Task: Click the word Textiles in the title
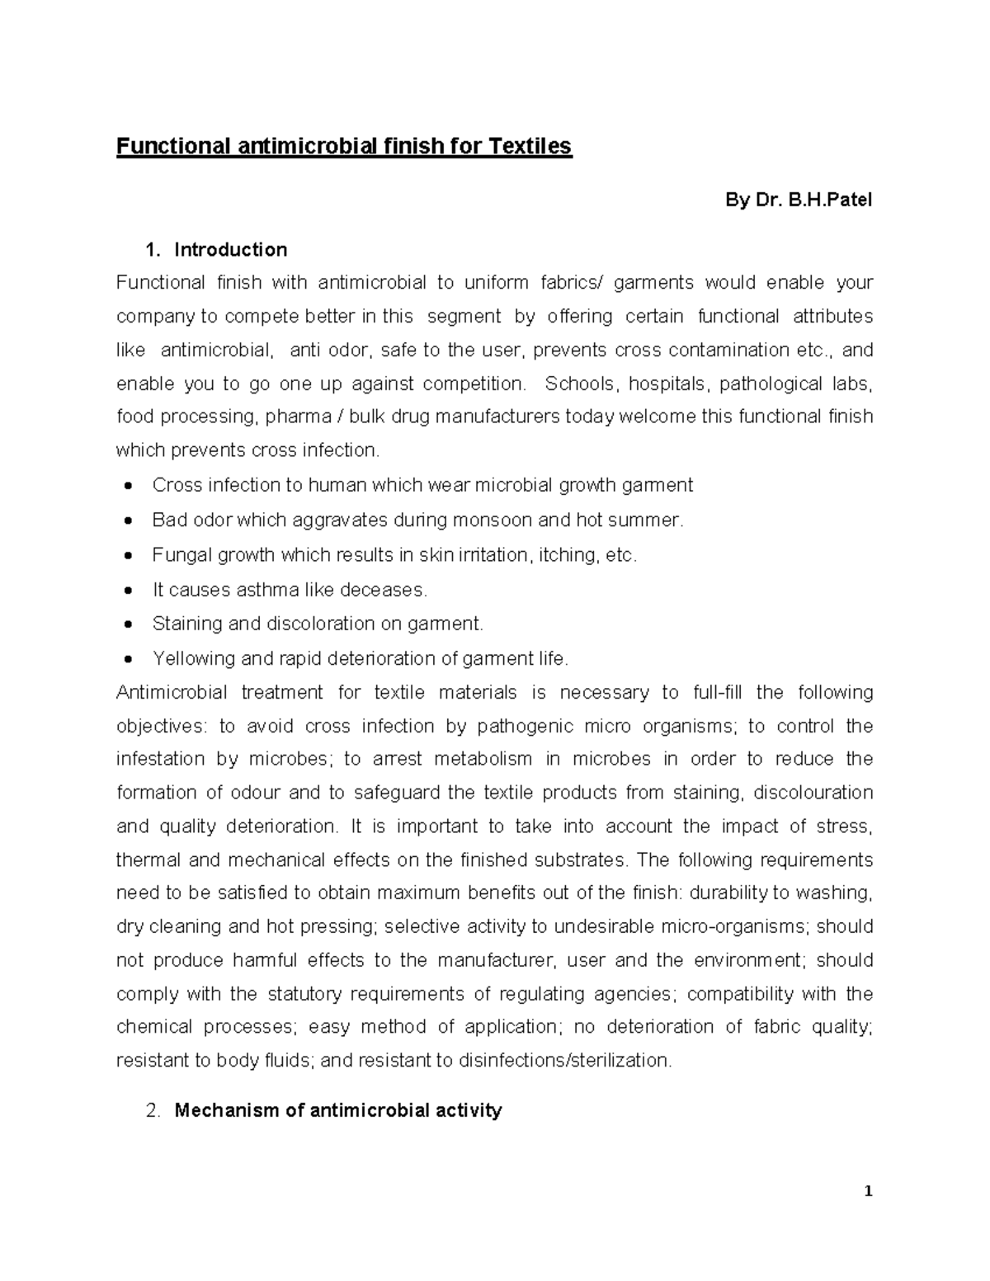click(530, 147)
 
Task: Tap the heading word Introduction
click(231, 250)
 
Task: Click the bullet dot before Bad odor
click(128, 521)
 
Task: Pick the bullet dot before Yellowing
click(128, 660)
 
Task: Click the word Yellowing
click(194, 659)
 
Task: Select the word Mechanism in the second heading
click(227, 1110)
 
